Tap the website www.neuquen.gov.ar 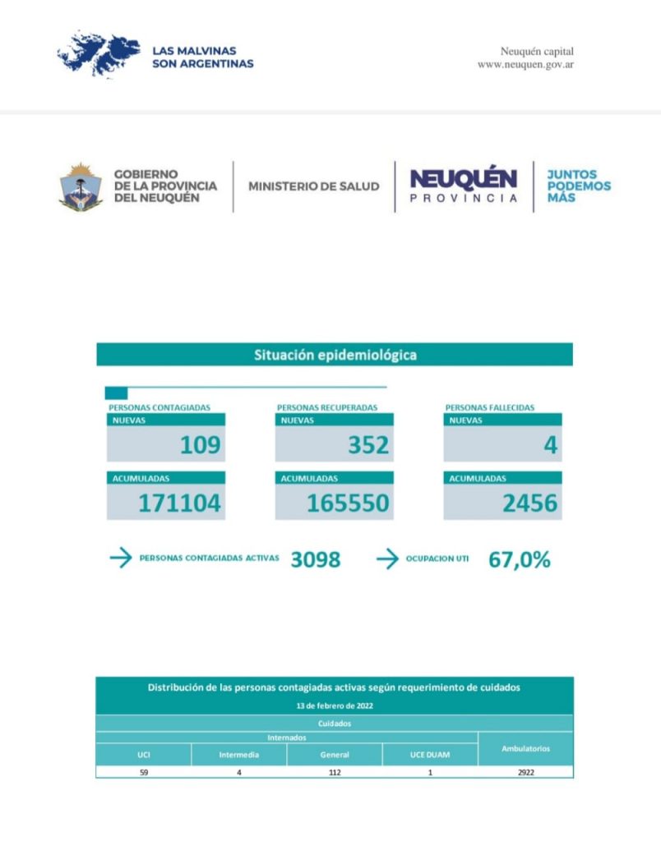click(525, 65)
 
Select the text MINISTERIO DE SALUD click(313, 186)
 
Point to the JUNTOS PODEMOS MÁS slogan click(579, 186)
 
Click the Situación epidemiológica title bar click(335, 355)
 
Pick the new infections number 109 click(201, 445)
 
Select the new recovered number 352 click(367, 445)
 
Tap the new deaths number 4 click(550, 445)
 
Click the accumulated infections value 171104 click(179, 503)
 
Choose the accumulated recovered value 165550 click(348, 503)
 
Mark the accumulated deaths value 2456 click(529, 503)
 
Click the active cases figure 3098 click(315, 560)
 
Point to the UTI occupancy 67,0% click(520, 560)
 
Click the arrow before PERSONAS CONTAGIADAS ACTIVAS click(120, 559)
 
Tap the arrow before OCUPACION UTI click(387, 559)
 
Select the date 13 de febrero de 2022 click(334, 705)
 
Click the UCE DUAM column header click(430, 755)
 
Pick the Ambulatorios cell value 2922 click(525, 772)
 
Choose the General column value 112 click(335, 772)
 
